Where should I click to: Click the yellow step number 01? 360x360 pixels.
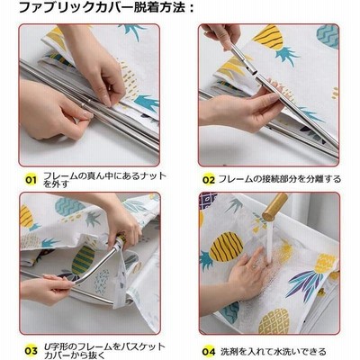tap(31, 180)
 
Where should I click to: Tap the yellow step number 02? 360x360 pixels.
tap(209, 180)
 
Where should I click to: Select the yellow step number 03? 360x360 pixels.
tap(31, 351)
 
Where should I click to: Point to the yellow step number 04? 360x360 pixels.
tap(209, 351)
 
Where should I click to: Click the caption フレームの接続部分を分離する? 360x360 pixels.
tap(280, 179)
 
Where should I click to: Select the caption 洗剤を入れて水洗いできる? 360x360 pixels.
tap(274, 351)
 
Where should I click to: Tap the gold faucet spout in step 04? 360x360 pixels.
tap(274, 207)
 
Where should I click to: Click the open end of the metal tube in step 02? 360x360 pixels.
tap(255, 73)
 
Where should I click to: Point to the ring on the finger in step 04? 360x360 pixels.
tap(255, 265)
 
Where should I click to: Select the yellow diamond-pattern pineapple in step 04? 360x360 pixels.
tap(274, 321)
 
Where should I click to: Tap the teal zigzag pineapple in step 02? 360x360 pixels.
tap(328, 36)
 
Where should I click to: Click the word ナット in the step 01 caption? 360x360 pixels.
tap(152, 175)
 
